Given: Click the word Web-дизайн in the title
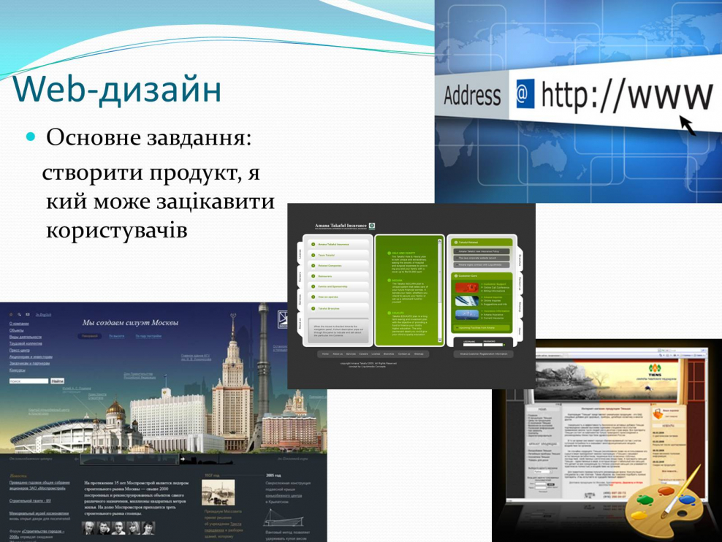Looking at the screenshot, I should tap(117, 90).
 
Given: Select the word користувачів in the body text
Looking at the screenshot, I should tap(117, 229).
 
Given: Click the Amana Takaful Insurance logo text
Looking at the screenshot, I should tap(339, 226).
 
